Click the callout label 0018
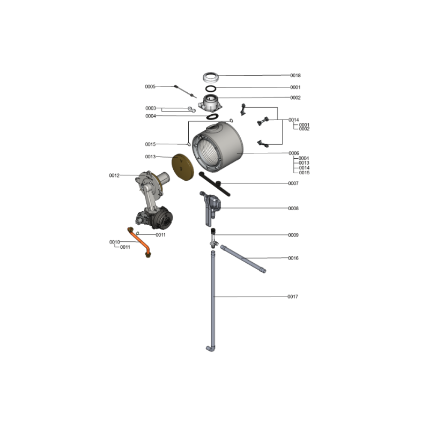point(295,75)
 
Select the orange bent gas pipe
point(139,242)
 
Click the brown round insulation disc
point(182,167)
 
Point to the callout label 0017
point(292,297)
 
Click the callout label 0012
point(114,175)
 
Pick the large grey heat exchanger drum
point(218,147)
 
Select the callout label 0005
point(150,86)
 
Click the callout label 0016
point(293,258)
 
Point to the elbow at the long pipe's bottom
point(210,349)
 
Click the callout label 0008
point(293,208)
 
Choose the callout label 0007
point(293,183)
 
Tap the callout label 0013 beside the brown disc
point(150,157)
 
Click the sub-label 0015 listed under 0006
point(304,173)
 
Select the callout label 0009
point(293,235)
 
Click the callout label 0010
point(114,242)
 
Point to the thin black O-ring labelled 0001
point(211,88)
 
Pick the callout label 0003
point(151,108)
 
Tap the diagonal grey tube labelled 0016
point(243,259)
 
